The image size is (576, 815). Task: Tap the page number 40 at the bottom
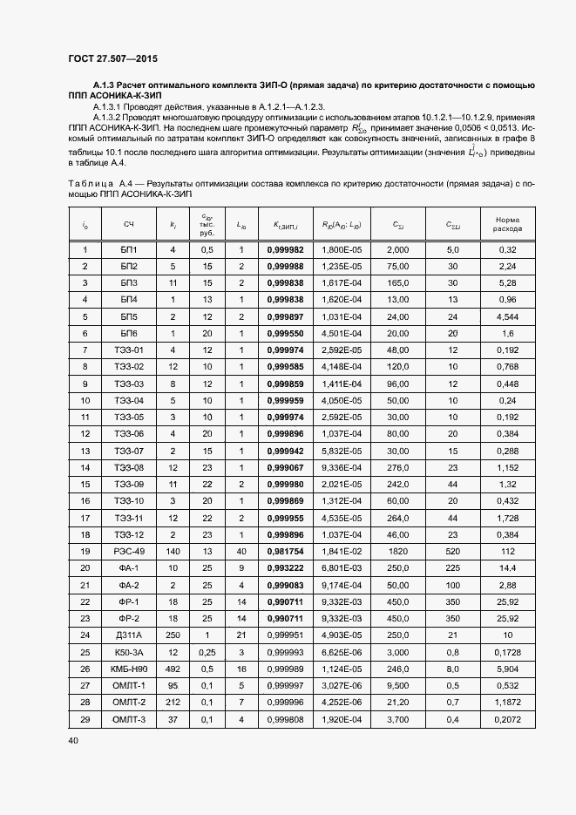[73, 740]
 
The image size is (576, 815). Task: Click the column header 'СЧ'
[129, 225]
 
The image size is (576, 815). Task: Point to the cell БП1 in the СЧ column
[129, 250]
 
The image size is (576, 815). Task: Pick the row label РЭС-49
[129, 552]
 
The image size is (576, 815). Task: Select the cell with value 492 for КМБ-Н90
[173, 669]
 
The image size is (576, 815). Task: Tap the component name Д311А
[129, 635]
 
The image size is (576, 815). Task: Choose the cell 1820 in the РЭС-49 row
[397, 552]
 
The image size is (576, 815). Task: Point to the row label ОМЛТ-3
[129, 719]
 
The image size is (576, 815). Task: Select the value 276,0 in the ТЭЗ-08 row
[397, 468]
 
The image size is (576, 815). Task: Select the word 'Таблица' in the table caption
[85, 185]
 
